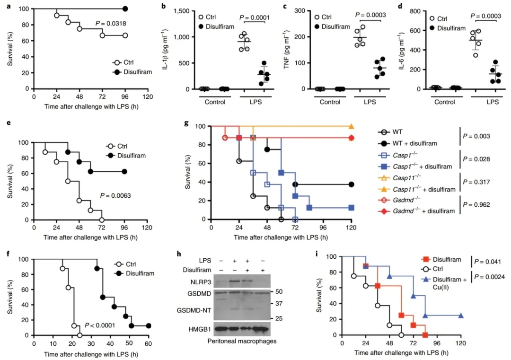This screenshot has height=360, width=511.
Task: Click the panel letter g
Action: (187, 124)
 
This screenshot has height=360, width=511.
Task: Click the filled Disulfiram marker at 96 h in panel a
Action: (125, 9)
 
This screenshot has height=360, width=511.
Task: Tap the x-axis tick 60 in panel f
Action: (148, 343)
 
